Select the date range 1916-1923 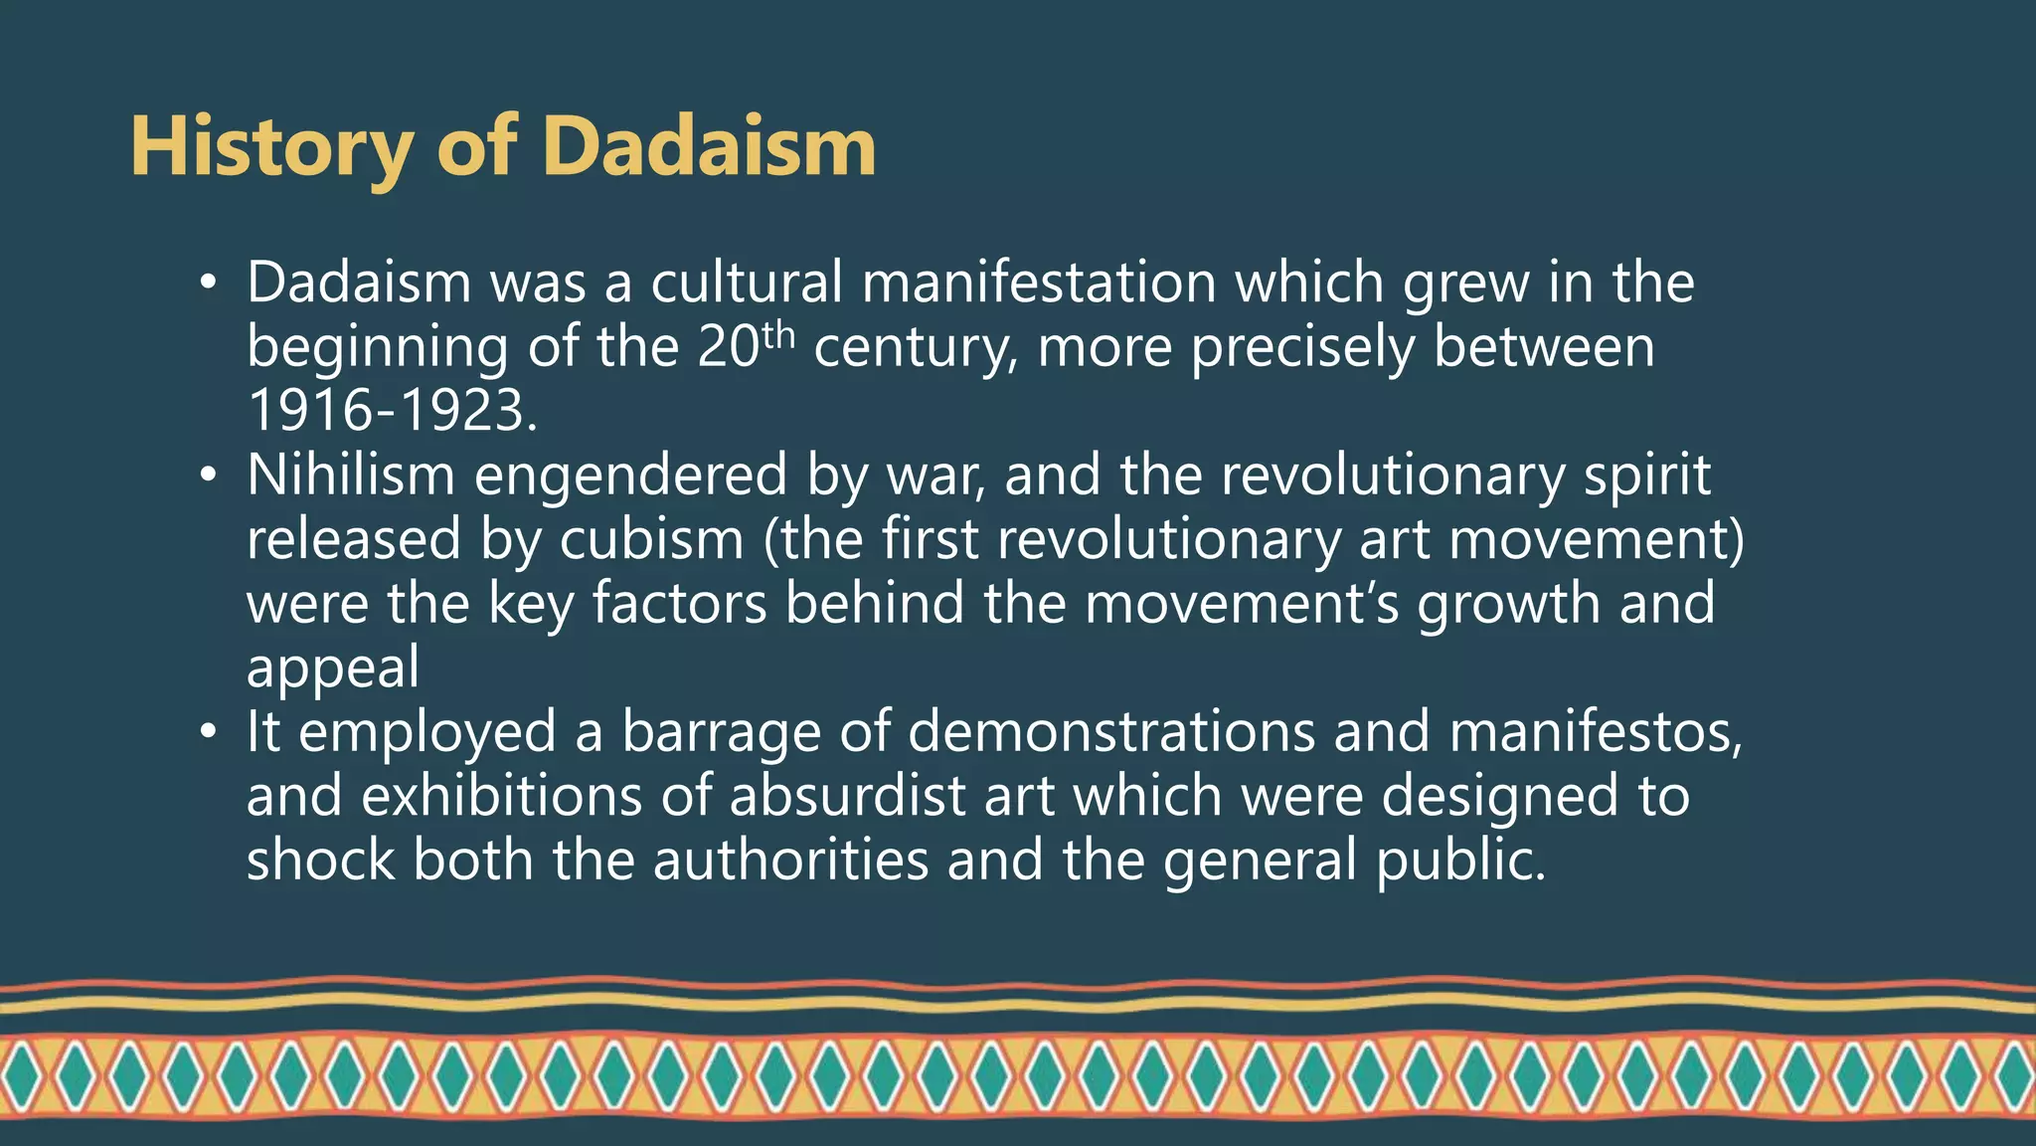click(x=392, y=411)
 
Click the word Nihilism click(x=350, y=475)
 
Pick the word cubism click(x=651, y=539)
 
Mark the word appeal click(x=333, y=668)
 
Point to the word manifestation click(x=1038, y=283)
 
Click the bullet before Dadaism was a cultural click(x=207, y=284)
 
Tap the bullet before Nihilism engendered click(x=207, y=476)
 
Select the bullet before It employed click(x=207, y=732)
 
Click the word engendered click(x=630, y=476)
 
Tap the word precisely click(x=1302, y=348)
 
